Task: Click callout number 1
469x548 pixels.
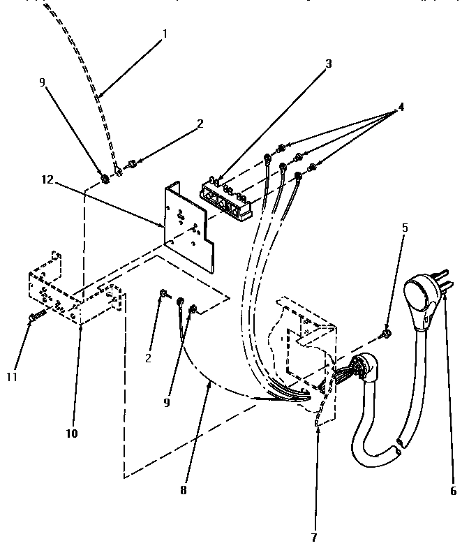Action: click(165, 33)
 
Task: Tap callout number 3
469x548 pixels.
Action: click(328, 64)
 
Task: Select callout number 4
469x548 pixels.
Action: click(401, 108)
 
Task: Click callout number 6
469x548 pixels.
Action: click(453, 490)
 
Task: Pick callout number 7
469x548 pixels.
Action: click(313, 538)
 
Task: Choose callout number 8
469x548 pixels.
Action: click(183, 490)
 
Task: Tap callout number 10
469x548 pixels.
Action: click(73, 434)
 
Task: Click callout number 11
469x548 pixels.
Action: click(13, 377)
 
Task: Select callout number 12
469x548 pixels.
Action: click(46, 179)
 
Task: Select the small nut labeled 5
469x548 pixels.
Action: click(386, 335)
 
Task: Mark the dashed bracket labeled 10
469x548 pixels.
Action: click(77, 297)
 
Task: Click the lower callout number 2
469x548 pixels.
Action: click(148, 358)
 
